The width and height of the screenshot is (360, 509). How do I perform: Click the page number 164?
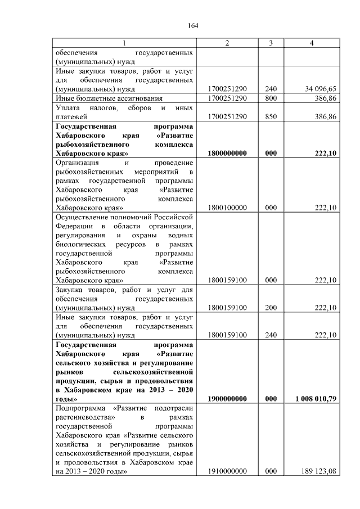[x=193, y=25]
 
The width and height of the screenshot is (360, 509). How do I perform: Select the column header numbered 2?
[x=227, y=43]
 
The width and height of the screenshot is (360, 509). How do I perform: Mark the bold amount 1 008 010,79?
[x=316, y=399]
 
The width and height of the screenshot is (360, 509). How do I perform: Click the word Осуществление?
[x=82, y=217]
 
